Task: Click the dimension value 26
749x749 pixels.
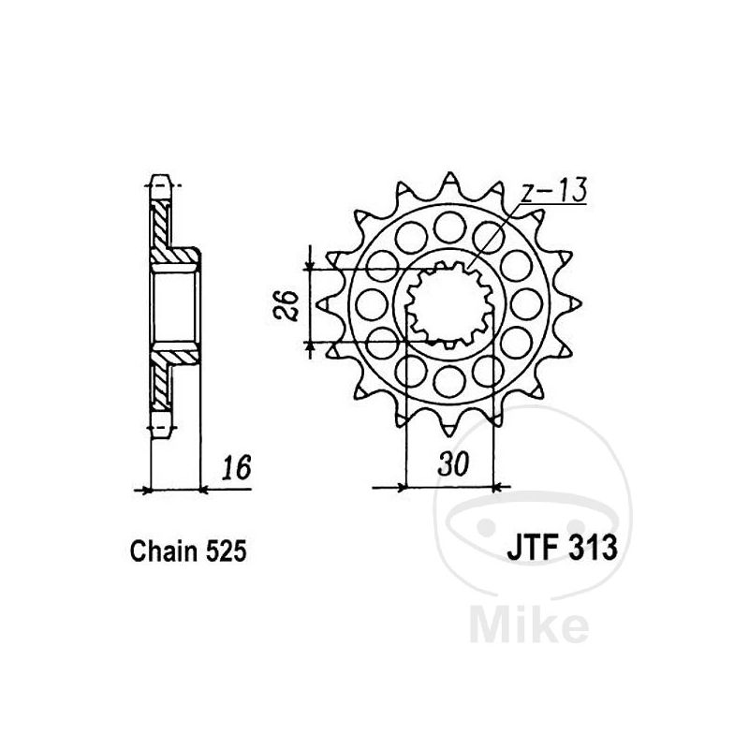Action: [286, 305]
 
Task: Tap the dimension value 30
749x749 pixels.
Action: [453, 463]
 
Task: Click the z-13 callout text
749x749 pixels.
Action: [553, 191]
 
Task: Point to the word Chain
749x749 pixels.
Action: [163, 551]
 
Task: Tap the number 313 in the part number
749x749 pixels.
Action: [593, 548]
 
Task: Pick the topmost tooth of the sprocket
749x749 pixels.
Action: [448, 184]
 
